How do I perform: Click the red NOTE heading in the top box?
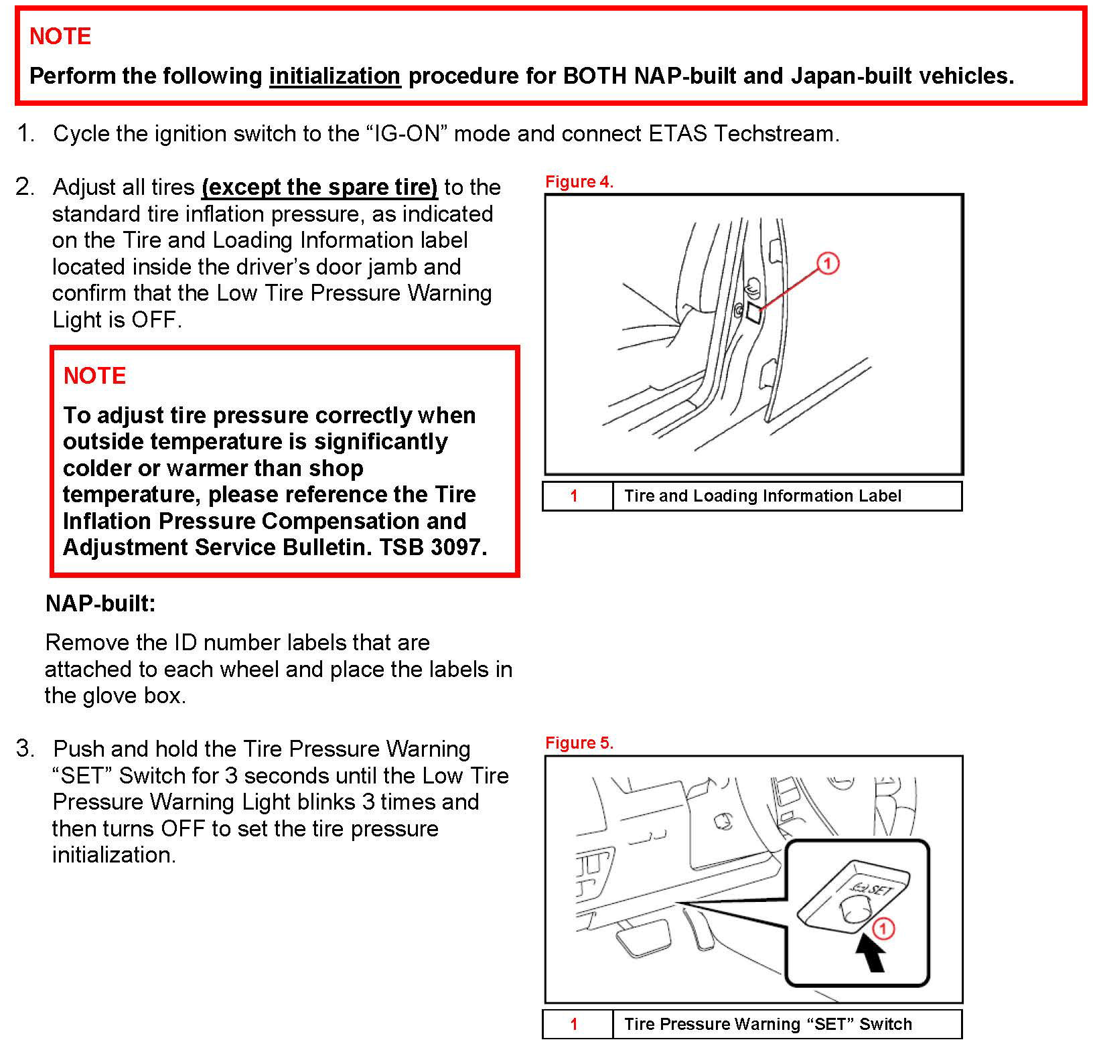(60, 36)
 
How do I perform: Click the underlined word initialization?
(335, 76)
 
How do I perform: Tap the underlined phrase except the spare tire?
(319, 187)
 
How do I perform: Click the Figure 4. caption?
(579, 181)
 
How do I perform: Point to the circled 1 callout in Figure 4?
(828, 263)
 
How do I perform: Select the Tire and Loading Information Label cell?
(762, 496)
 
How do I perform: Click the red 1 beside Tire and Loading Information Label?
(574, 496)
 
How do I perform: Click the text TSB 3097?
(433, 547)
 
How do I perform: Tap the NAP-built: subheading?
(100, 603)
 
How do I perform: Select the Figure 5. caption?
(579, 743)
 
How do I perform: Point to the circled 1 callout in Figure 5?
(883, 929)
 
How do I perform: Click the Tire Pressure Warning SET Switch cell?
(767, 1024)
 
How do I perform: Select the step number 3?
(25, 749)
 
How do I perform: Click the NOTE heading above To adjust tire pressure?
(94, 376)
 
